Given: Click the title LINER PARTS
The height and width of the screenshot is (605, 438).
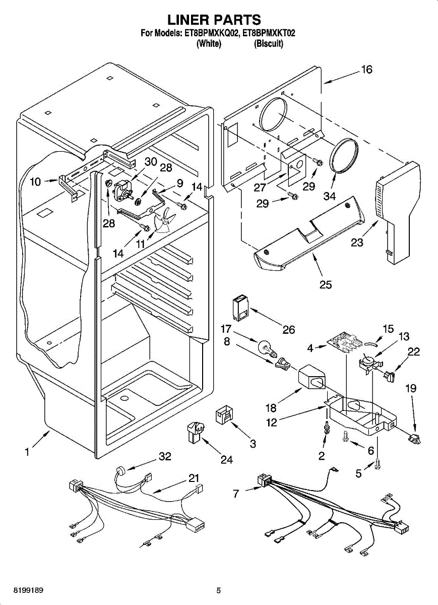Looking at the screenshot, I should pos(214,20).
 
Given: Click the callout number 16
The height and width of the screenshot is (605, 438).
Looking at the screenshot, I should pos(366,70).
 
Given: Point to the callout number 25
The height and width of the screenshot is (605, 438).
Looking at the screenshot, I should pos(326,285).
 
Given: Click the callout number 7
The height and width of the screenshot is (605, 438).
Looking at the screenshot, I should pos(236,494).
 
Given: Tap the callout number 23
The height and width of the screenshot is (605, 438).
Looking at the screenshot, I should pos(357,242).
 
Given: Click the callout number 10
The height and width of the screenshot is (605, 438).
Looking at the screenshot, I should pos(35,182).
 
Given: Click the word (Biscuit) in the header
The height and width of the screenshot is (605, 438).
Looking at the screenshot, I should pos(269,44).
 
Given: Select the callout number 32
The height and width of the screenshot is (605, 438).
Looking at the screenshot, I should pos(165,457).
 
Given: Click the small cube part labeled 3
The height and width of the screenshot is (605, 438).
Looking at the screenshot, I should pos(223,415).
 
